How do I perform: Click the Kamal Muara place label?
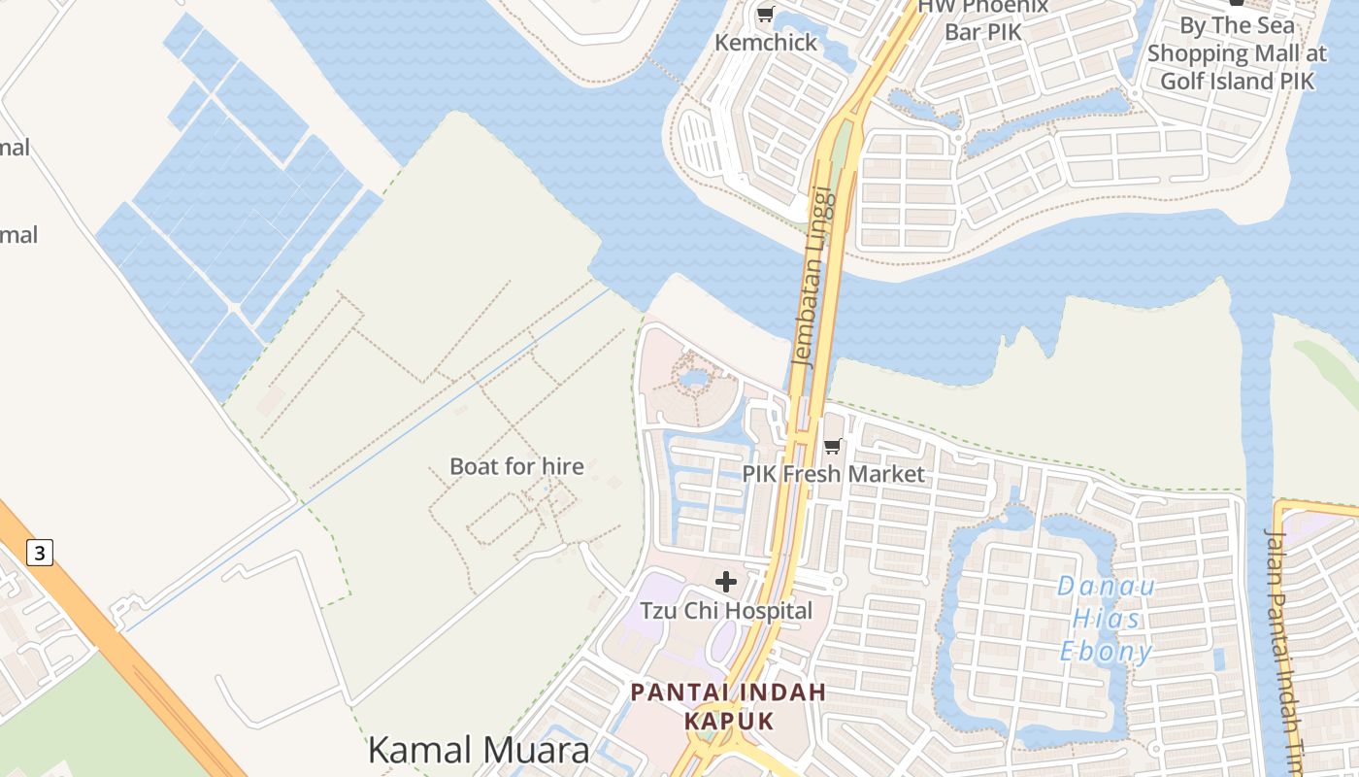pos(478,750)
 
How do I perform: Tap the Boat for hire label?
pos(516,466)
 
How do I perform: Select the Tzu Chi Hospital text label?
pos(726,611)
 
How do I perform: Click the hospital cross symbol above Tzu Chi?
pos(726,582)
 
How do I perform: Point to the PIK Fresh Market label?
pos(833,474)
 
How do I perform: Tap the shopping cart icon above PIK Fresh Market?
pos(832,447)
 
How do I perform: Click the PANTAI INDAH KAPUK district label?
pos(728,706)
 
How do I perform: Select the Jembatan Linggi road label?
pos(813,276)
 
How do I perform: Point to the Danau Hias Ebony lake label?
pos(1106,619)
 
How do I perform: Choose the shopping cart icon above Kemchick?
pos(765,15)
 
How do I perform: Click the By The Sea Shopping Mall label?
pos(1237,53)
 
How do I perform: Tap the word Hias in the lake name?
pos(1107,619)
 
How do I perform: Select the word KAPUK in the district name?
pos(728,721)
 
